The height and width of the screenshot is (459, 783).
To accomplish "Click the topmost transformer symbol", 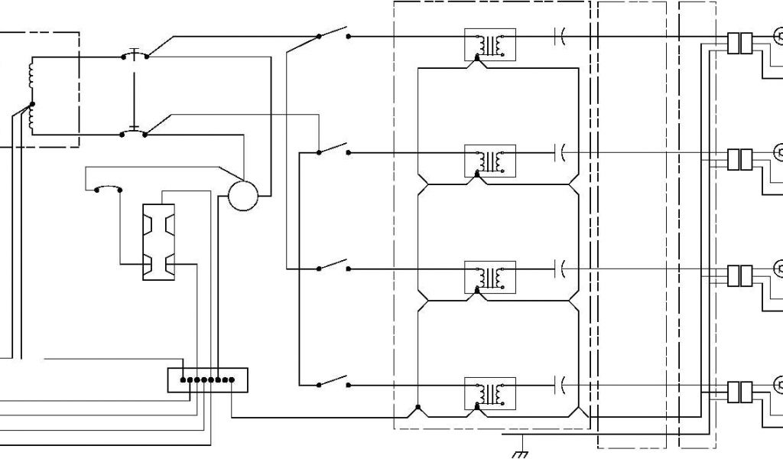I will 490,44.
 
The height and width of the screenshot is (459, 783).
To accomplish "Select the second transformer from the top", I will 490,161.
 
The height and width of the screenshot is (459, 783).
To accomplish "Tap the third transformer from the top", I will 490,276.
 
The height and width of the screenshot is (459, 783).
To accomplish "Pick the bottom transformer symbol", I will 490,393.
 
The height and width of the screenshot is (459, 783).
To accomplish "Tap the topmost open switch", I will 333,35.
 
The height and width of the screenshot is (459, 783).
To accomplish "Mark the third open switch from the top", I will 333,267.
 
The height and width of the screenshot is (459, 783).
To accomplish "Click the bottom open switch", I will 333,383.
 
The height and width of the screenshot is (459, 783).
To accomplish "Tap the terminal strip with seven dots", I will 208,379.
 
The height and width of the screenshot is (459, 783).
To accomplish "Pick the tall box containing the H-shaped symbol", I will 158,242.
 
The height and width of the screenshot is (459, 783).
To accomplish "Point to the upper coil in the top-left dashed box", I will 31,73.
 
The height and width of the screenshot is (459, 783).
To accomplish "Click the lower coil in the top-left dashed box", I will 31,119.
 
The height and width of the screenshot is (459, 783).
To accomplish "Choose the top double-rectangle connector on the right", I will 739,44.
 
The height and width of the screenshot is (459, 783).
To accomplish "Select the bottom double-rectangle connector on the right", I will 739,392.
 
